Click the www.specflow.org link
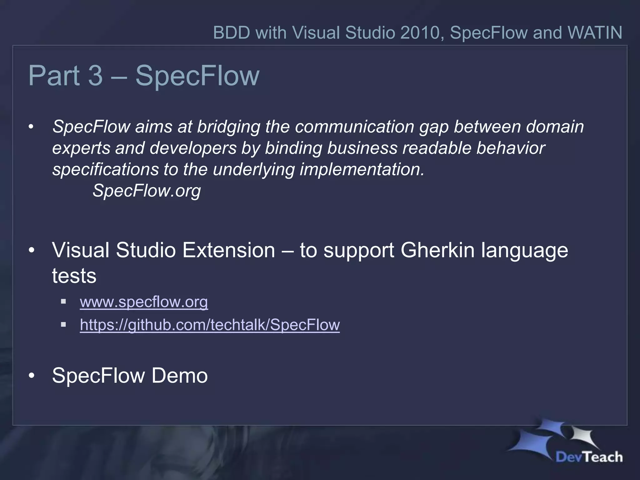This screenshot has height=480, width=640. (x=144, y=302)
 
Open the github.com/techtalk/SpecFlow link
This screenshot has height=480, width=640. (x=210, y=325)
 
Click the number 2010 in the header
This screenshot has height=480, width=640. (x=420, y=32)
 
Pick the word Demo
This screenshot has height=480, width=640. (x=179, y=376)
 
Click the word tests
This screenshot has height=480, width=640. (x=74, y=276)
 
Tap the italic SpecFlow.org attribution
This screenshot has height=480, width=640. (x=147, y=191)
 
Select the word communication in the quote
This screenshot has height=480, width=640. (x=354, y=127)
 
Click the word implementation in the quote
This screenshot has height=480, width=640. (x=362, y=169)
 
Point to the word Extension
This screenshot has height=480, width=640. (x=228, y=250)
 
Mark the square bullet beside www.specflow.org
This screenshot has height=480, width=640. (x=63, y=302)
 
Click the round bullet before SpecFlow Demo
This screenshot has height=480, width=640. (x=31, y=376)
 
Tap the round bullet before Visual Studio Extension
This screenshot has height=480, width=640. (x=31, y=251)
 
